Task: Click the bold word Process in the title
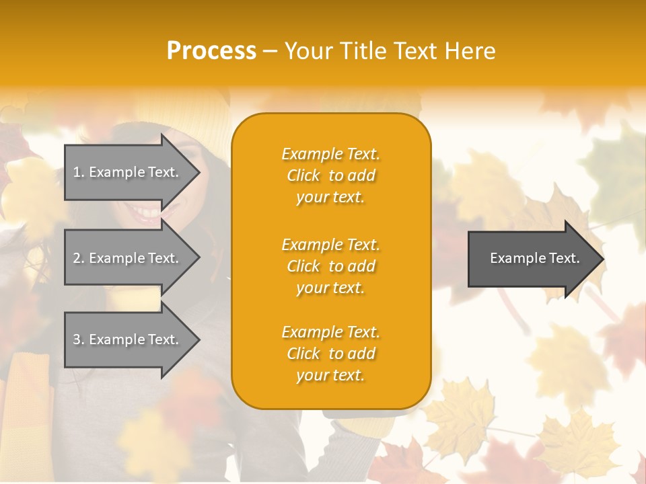[211, 51]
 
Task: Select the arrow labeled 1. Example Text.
[128, 172]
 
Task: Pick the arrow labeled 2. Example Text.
[128, 258]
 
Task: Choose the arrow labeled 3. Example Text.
[128, 339]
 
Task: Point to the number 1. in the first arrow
[79, 172]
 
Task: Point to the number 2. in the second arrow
[79, 258]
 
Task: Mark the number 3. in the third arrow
[79, 339]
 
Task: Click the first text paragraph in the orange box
[330, 175]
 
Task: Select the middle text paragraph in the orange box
[330, 266]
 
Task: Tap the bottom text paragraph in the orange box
[330, 354]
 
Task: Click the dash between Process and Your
[270, 51]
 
